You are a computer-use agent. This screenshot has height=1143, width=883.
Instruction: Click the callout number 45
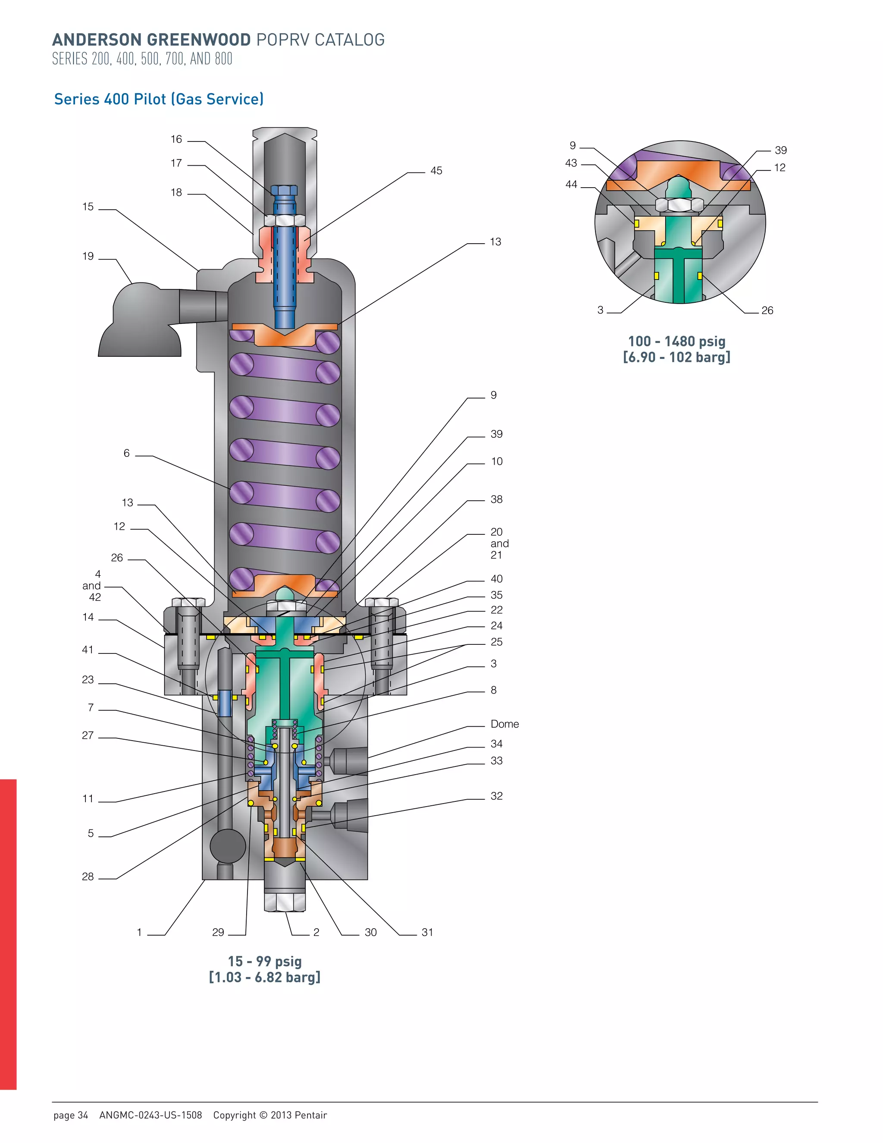tap(436, 171)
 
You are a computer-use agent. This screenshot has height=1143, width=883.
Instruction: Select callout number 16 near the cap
tap(176, 139)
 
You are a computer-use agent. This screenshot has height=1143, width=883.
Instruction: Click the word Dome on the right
tap(504, 724)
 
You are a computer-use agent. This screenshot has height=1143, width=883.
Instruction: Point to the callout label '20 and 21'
tap(499, 543)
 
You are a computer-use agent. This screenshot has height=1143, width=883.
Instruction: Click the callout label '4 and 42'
tap(93, 586)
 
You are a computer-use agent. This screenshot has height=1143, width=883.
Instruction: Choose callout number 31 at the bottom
tap(427, 932)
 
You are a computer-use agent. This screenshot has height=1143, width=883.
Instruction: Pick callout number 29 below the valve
tap(218, 932)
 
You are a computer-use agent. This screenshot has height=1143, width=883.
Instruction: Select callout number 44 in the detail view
tap(571, 185)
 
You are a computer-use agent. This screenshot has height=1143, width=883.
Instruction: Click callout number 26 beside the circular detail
tap(767, 311)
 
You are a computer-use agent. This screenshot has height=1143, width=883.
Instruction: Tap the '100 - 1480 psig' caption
tap(676, 342)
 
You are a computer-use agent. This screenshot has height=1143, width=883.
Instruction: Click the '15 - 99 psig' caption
tap(265, 961)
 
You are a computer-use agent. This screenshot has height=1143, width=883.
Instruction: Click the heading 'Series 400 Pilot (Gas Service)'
tap(159, 99)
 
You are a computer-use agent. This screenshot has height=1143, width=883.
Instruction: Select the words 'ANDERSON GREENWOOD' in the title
tap(151, 40)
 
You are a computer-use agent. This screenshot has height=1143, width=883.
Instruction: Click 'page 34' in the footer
tap(71, 1115)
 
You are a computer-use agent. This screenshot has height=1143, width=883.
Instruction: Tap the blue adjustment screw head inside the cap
tap(285, 191)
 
